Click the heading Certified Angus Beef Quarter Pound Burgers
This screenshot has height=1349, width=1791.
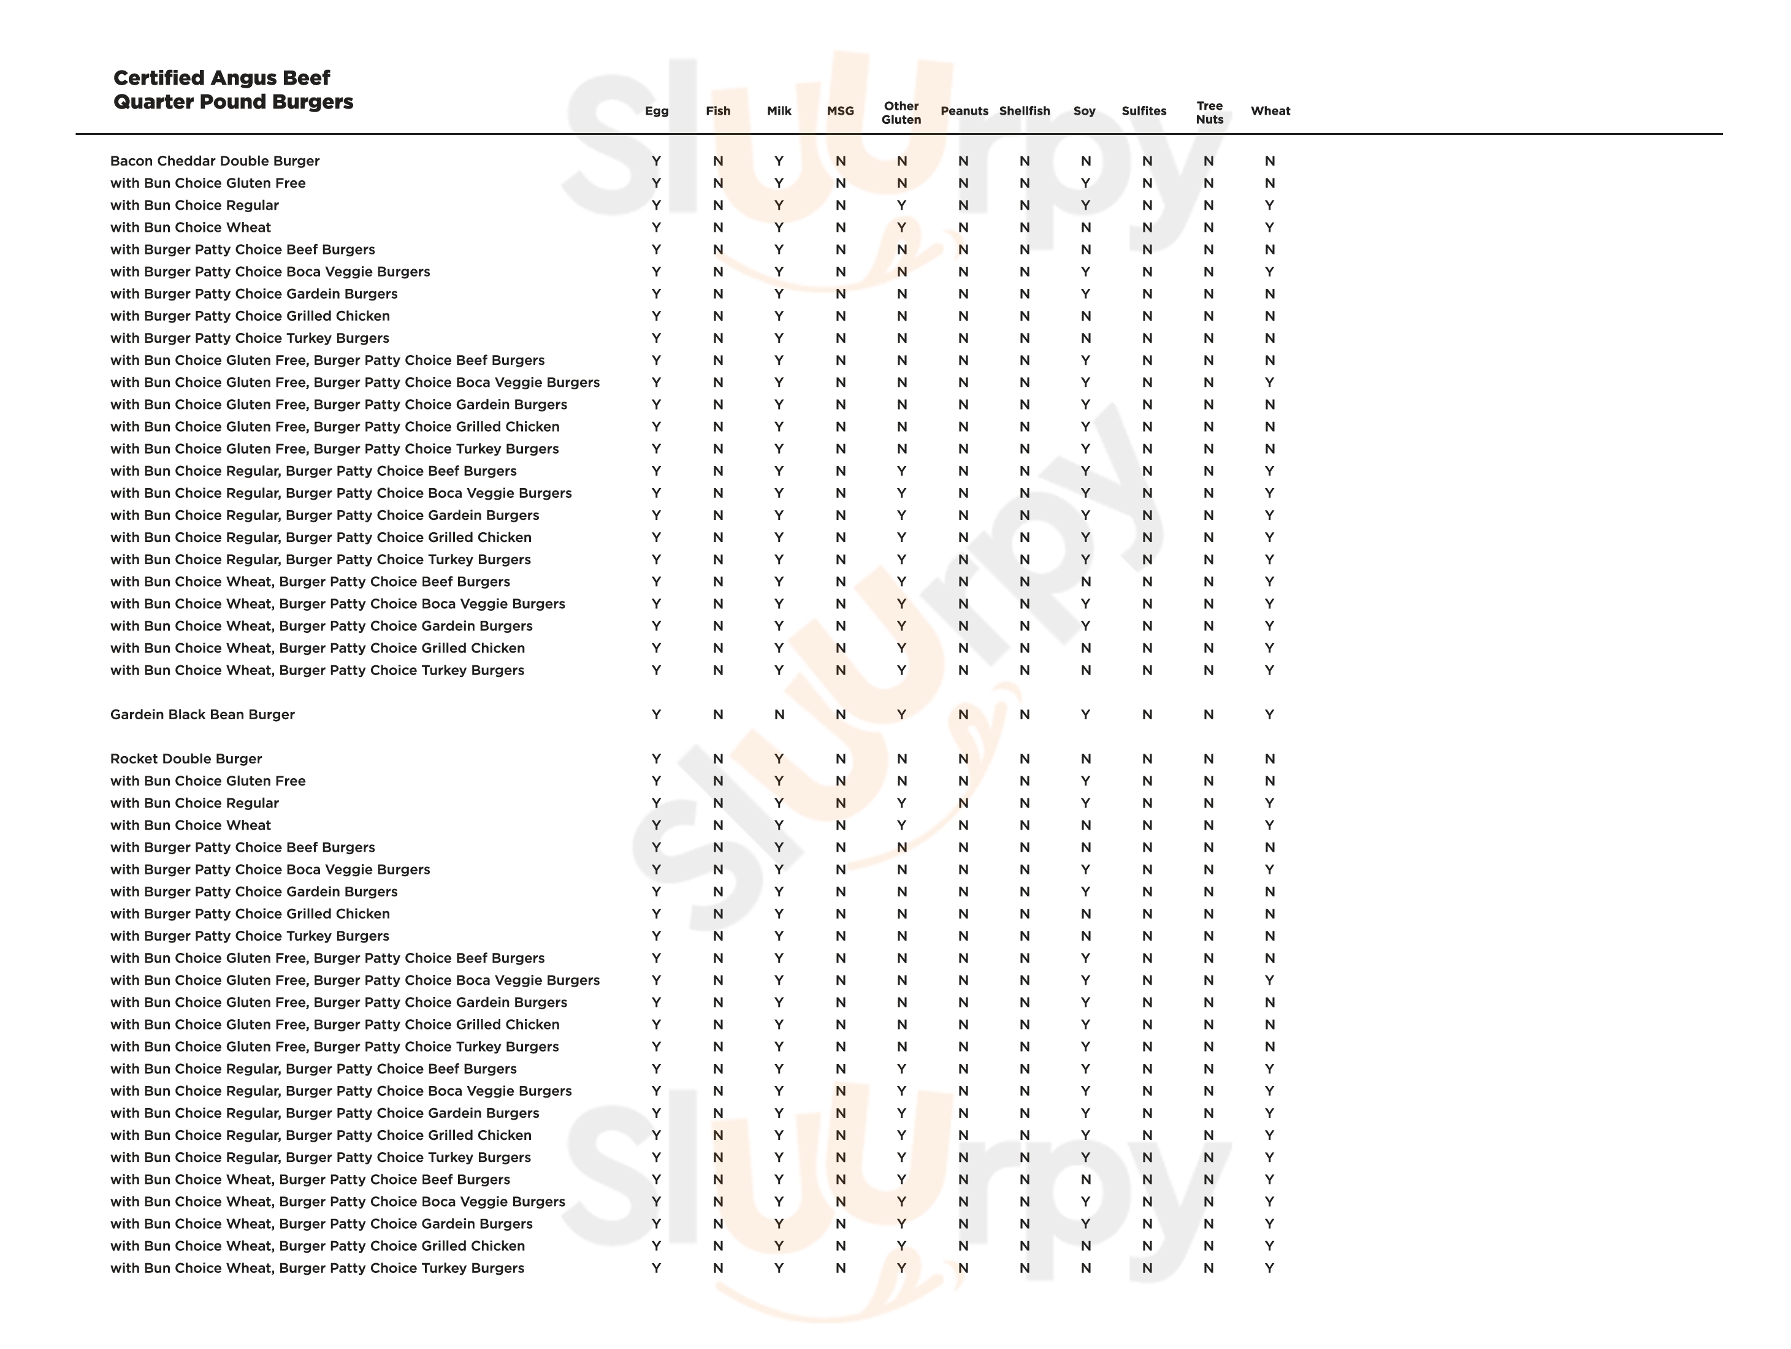(233, 90)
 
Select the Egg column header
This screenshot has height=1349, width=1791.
(657, 111)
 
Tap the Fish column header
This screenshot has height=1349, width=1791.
(717, 111)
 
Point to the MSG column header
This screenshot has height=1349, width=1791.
(841, 111)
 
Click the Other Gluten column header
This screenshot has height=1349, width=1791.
(901, 113)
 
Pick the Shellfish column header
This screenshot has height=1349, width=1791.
(1024, 111)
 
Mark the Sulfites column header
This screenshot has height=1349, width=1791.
(1144, 111)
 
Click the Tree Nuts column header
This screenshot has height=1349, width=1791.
(1210, 113)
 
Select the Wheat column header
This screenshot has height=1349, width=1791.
(1270, 111)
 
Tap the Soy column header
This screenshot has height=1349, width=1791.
(1084, 111)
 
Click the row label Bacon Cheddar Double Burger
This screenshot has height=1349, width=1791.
(215, 161)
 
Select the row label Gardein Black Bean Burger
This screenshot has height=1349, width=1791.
(202, 715)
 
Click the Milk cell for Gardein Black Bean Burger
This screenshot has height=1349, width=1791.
(779, 715)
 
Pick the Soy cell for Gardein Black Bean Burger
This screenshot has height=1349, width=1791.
(1085, 715)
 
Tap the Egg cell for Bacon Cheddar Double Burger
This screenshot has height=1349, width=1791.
(656, 161)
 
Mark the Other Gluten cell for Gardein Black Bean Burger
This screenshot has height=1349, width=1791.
(901, 715)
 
